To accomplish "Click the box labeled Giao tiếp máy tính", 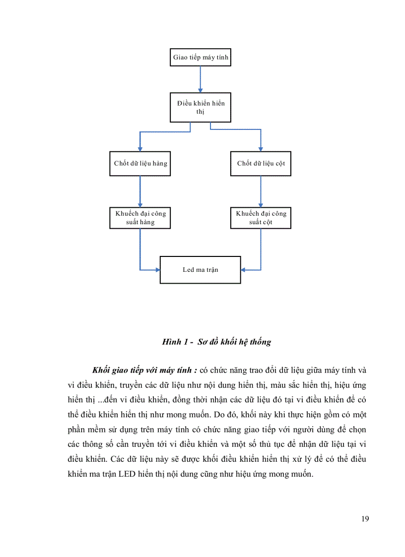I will tap(201, 58).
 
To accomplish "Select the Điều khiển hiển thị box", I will tap(201, 107).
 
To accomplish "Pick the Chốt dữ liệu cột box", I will tap(261, 163).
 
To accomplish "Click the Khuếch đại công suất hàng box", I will tap(140, 218).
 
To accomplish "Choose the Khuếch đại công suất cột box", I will tap(261, 218).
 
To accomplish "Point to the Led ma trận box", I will tap(200, 270).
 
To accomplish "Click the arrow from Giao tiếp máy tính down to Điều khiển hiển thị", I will tap(200, 79).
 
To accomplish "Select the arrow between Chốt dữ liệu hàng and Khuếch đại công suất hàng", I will tap(140, 191).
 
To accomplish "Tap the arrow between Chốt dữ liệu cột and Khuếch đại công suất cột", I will tap(261, 191).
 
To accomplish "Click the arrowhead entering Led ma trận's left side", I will tap(157, 270).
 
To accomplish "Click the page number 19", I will tap(365, 519).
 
